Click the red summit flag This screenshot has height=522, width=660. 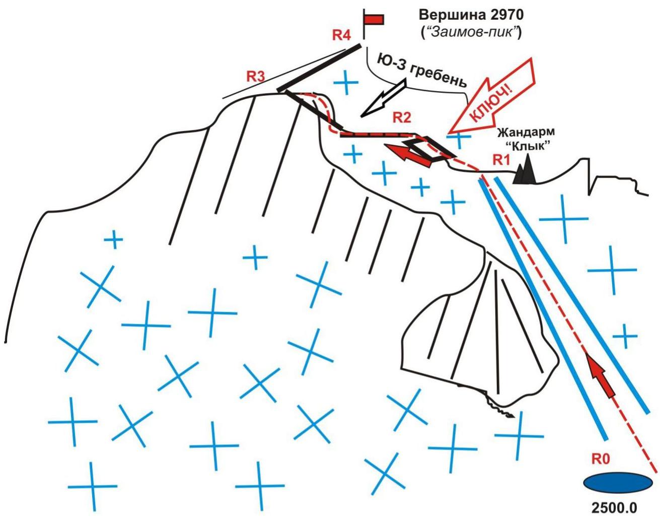(374, 20)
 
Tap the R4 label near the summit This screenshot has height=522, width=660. (341, 35)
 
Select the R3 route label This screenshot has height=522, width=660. (255, 77)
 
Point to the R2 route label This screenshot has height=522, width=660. (402, 118)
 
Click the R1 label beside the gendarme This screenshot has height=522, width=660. (501, 161)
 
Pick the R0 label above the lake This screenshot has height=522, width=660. (601, 459)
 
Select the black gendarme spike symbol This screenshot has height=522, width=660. (524, 172)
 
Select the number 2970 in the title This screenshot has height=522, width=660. (504, 15)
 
